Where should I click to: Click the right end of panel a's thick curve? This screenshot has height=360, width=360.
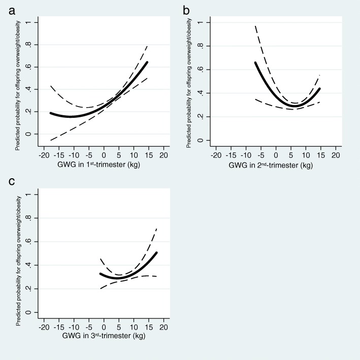click(x=147, y=62)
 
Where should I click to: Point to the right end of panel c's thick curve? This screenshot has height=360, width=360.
click(x=157, y=252)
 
